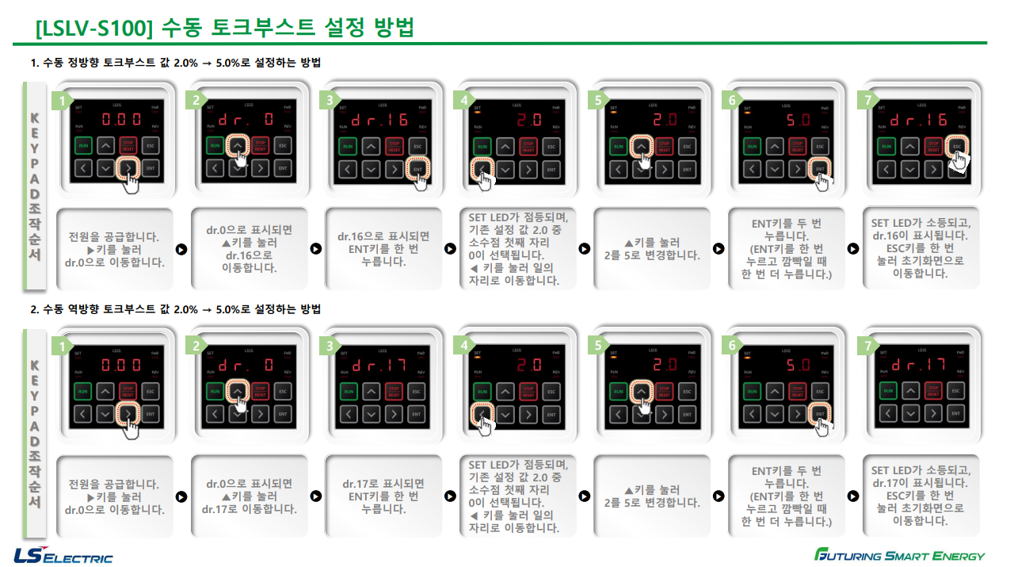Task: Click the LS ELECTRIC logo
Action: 63,554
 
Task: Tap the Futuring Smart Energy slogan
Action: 900,554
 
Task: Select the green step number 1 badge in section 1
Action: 61,101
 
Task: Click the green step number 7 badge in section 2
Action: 867,347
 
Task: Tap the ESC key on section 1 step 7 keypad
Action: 957,146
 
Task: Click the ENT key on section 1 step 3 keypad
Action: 417,168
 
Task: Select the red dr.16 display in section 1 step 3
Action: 379,121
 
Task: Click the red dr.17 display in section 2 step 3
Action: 379,366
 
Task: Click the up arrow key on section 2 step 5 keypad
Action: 641,390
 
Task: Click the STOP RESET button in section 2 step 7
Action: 933,391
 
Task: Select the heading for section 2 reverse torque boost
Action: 176,308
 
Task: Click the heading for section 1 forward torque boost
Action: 176,63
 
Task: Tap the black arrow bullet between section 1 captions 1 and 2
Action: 181,249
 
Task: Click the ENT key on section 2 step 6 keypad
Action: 820,413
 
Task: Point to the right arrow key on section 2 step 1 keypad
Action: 128,413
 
